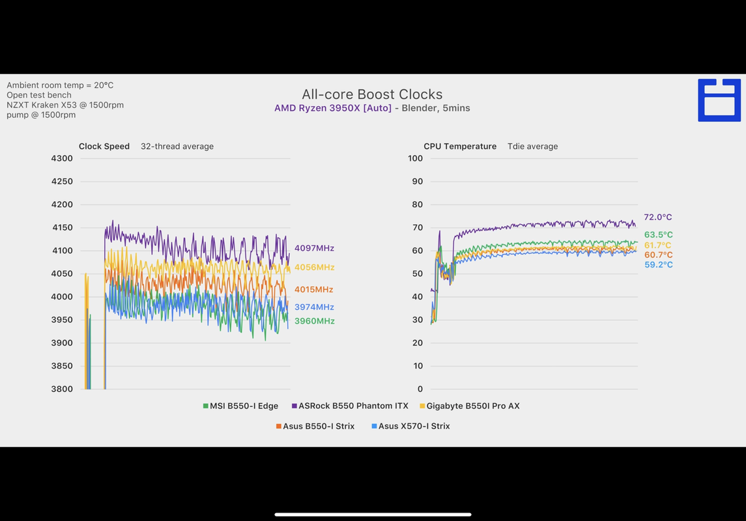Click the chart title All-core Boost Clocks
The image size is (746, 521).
372,94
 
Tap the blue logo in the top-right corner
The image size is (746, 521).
719,100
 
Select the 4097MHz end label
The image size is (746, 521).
314,248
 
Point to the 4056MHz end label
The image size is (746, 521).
314,267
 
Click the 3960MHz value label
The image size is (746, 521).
314,321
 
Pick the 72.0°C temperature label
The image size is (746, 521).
658,218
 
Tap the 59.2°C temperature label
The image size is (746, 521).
658,265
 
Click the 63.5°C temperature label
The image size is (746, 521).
658,235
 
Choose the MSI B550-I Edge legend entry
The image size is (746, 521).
240,406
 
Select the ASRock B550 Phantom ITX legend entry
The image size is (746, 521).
350,406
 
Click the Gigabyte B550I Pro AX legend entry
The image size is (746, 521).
470,406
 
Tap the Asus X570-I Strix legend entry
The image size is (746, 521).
410,426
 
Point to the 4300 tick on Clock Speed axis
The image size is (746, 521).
62,158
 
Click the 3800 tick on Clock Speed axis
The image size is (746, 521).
62,389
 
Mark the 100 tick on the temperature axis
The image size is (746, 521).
415,158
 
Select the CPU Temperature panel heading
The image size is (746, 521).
460,147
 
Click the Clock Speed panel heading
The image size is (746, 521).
104,147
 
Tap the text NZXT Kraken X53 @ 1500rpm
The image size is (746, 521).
65,105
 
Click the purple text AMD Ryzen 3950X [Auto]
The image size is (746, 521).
333,108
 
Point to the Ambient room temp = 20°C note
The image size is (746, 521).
60,85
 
